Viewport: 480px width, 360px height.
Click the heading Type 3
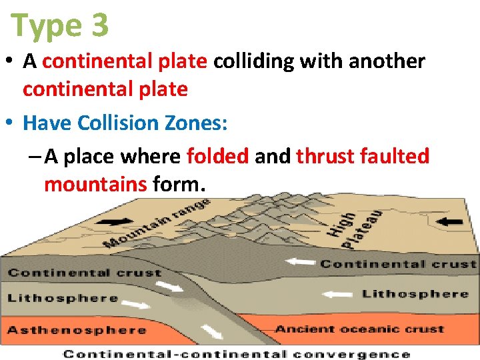[60, 25]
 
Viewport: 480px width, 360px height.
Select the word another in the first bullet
[387, 61]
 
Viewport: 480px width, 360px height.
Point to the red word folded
[217, 156]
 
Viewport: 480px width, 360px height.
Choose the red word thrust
[325, 156]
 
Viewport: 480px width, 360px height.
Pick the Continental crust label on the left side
[85, 273]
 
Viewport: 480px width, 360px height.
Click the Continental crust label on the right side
[398, 264]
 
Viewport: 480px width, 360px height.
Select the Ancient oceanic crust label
[359, 329]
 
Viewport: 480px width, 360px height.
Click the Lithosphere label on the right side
[415, 293]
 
